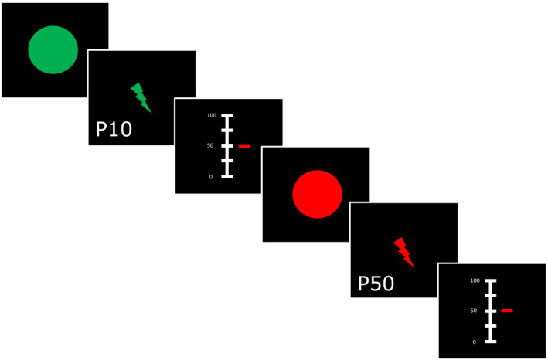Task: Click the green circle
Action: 53,50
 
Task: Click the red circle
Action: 317,194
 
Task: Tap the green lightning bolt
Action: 141,98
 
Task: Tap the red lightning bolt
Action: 403,252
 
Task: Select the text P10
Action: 114,129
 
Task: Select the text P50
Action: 376,284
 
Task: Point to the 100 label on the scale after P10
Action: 211,115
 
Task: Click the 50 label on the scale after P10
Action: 211,146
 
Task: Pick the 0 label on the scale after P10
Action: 212,177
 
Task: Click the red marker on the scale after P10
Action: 244,146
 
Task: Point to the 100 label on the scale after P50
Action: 474,280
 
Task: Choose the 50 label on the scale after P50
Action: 474,311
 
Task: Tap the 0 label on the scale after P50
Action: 475,341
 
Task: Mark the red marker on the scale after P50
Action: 507,311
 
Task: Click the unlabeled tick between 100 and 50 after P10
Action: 227,131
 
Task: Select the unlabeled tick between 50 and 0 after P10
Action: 227,161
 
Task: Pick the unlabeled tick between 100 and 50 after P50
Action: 490,295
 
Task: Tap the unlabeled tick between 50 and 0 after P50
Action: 490,326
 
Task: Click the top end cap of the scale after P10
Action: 227,116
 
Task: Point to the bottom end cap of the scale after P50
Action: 490,341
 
